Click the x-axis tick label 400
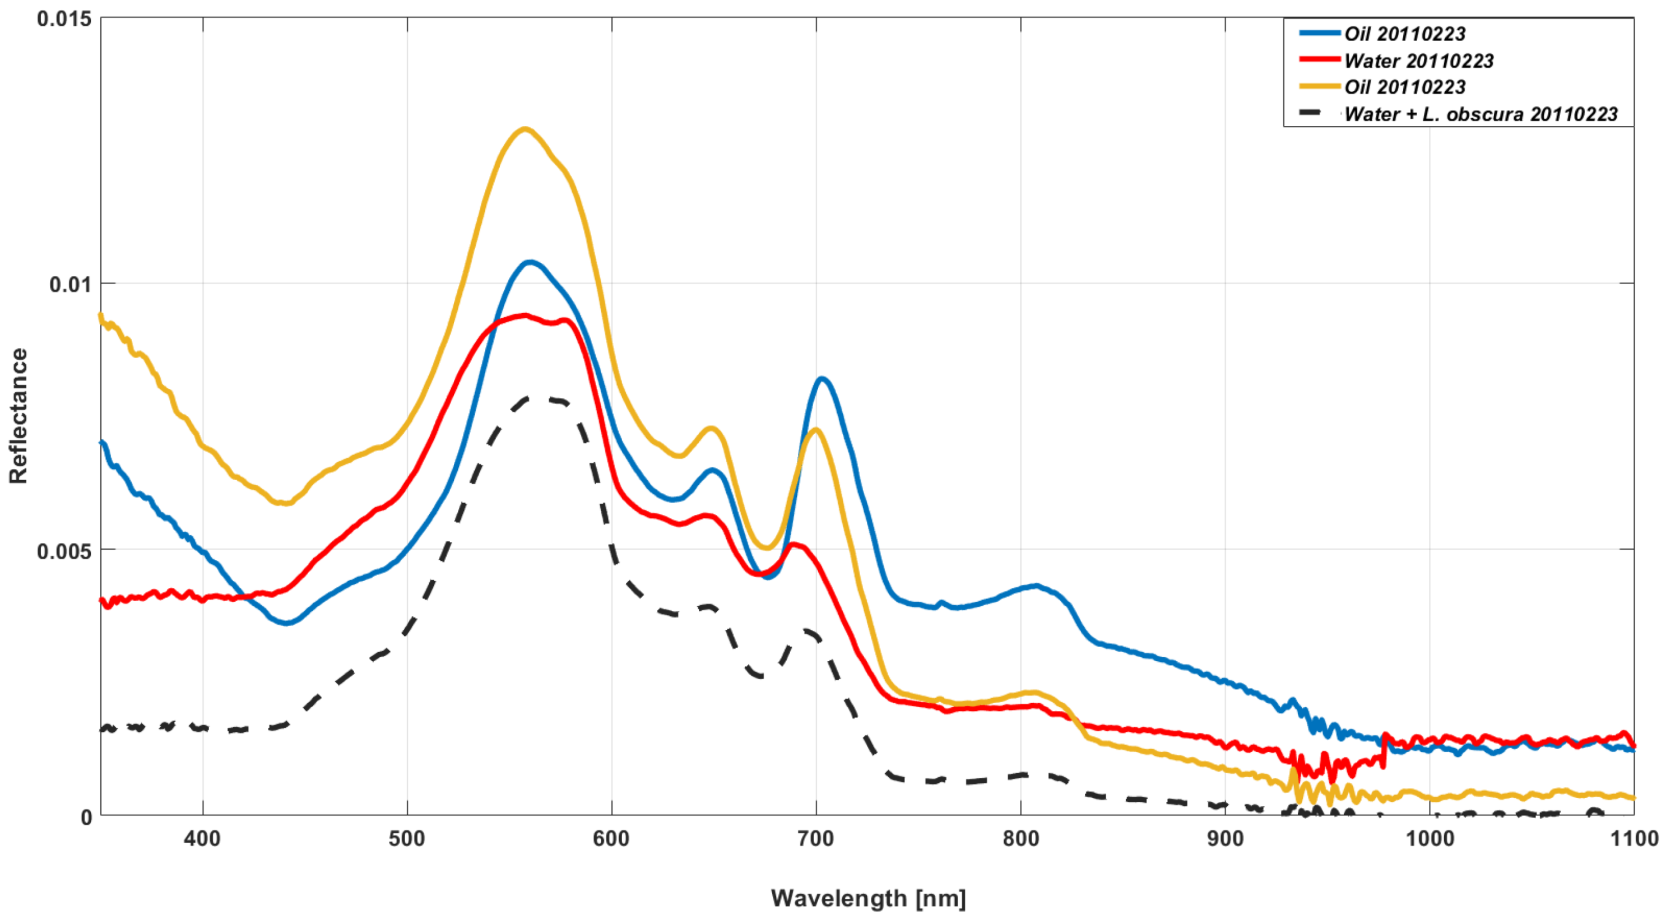point(202,839)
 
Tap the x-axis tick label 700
point(815,839)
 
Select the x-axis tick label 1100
point(1634,839)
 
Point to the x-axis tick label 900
point(1225,839)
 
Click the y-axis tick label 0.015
point(64,18)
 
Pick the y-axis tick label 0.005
point(64,551)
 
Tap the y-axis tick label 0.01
point(71,285)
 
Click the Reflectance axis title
point(18,416)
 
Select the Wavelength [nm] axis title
point(868,898)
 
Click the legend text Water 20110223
point(1418,61)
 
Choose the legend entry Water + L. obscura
point(1481,114)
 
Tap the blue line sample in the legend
point(1319,32)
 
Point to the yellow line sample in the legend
point(1319,86)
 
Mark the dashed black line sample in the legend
point(1319,113)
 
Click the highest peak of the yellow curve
point(525,129)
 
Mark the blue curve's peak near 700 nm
point(822,379)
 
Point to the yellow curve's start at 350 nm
point(101,315)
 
